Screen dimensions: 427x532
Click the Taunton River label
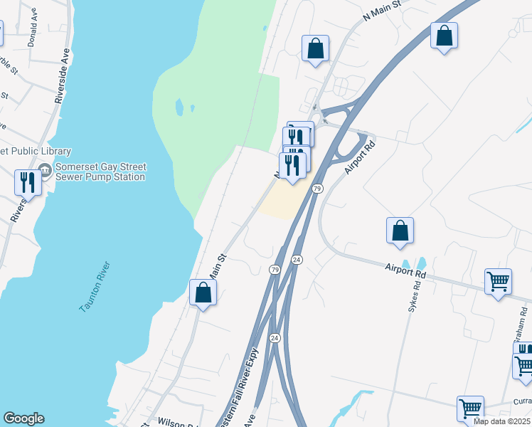tap(95, 288)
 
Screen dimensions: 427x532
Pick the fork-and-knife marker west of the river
tap(27, 183)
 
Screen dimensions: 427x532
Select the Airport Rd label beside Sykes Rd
tap(405, 271)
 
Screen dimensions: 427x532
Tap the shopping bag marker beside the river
tap(203, 292)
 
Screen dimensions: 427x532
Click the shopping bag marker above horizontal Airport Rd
tap(400, 231)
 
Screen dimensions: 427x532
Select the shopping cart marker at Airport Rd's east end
tap(498, 281)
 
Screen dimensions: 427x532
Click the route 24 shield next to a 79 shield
tap(297, 260)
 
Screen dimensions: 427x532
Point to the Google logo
tap(23, 418)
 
